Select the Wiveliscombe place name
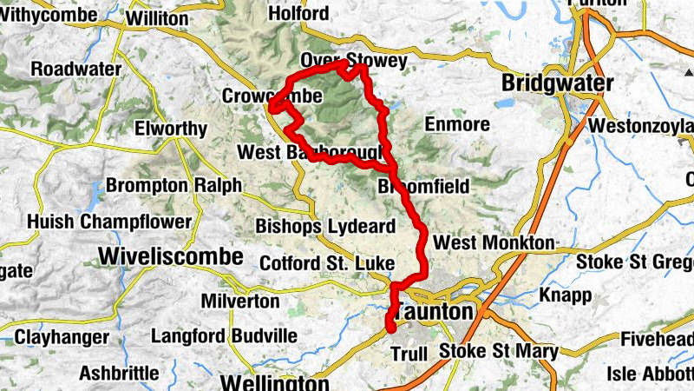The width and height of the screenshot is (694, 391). tap(170, 256)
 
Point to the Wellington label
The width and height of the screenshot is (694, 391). tap(274, 382)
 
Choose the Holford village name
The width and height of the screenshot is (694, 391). tap(299, 13)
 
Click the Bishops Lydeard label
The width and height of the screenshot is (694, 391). tap(325, 226)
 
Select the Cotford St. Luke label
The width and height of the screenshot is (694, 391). tap(327, 262)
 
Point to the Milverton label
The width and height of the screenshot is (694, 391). tap(239, 302)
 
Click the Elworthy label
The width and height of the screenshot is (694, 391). tap(171, 129)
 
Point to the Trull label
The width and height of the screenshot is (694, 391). tap(409, 355)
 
